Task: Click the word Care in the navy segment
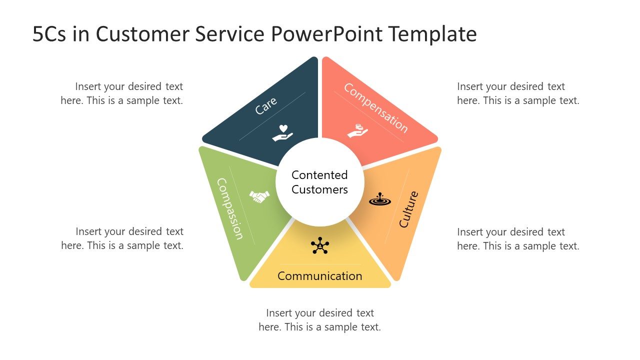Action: pos(266,105)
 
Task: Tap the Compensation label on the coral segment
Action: pos(375,108)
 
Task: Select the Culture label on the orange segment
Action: pos(408,209)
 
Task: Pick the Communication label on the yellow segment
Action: pos(319,276)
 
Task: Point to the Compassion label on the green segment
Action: pos(230,209)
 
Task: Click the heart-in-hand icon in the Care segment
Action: pos(282,133)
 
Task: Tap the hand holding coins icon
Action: pos(357,131)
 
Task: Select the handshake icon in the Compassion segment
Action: pos(259,196)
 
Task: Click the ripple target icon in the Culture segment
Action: pos(380,199)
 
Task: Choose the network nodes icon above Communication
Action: pos(319,245)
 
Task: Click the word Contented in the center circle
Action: pos(319,175)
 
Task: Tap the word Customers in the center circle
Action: pos(319,189)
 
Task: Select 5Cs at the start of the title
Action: pos(49,34)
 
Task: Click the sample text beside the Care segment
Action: pos(122,93)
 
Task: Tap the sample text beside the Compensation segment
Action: pos(518,93)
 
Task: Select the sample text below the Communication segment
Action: pos(319,320)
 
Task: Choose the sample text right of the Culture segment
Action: pos(518,239)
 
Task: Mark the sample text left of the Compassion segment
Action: pos(122,238)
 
